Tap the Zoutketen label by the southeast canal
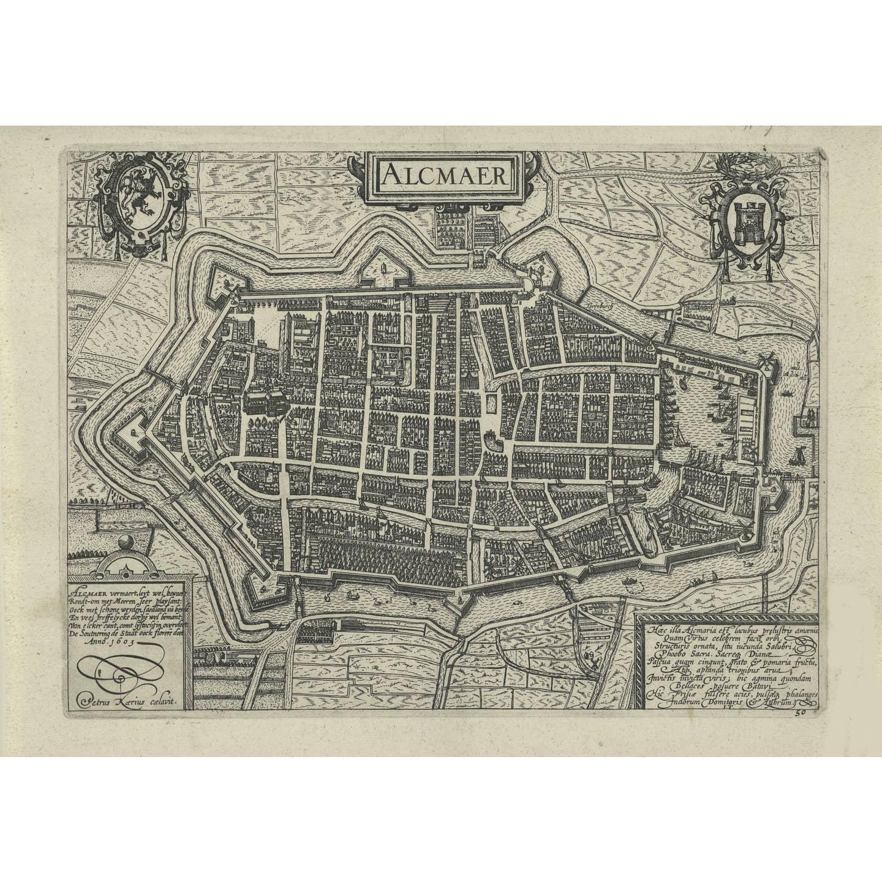point(639,508)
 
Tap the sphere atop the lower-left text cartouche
point(126,543)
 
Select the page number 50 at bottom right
point(800,712)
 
